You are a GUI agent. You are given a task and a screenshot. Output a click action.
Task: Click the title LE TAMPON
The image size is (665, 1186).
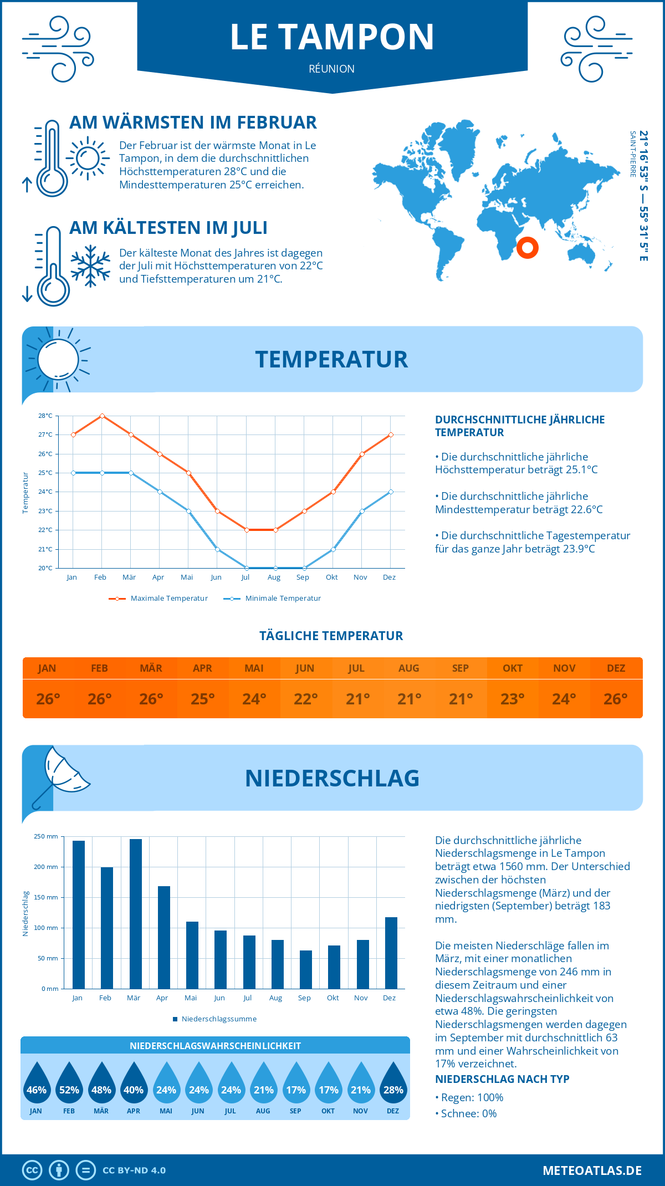click(x=332, y=37)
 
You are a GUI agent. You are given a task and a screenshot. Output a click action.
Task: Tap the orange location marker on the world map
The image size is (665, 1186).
click(x=527, y=247)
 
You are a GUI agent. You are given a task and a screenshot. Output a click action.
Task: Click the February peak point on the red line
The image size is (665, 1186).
click(x=102, y=416)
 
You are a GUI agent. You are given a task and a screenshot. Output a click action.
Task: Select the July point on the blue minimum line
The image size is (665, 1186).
click(x=247, y=568)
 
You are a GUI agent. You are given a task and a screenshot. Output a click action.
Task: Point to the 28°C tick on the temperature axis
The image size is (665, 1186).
click(x=45, y=416)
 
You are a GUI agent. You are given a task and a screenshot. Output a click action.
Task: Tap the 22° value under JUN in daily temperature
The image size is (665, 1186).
click(x=305, y=699)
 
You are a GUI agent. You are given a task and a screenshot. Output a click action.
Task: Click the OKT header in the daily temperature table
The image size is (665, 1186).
click(x=512, y=668)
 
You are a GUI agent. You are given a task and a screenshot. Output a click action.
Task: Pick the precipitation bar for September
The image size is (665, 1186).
click(x=305, y=969)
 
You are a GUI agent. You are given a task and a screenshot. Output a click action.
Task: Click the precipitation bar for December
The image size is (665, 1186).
click(x=391, y=953)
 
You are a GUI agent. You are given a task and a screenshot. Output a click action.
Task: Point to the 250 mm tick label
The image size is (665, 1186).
click(x=46, y=837)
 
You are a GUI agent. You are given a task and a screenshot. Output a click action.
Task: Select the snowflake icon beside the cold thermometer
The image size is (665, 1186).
click(x=90, y=266)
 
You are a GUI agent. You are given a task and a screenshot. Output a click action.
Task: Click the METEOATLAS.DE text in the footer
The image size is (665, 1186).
click(x=592, y=1170)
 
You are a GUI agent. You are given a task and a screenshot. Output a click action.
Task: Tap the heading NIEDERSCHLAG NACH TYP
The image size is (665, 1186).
click(x=502, y=1079)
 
